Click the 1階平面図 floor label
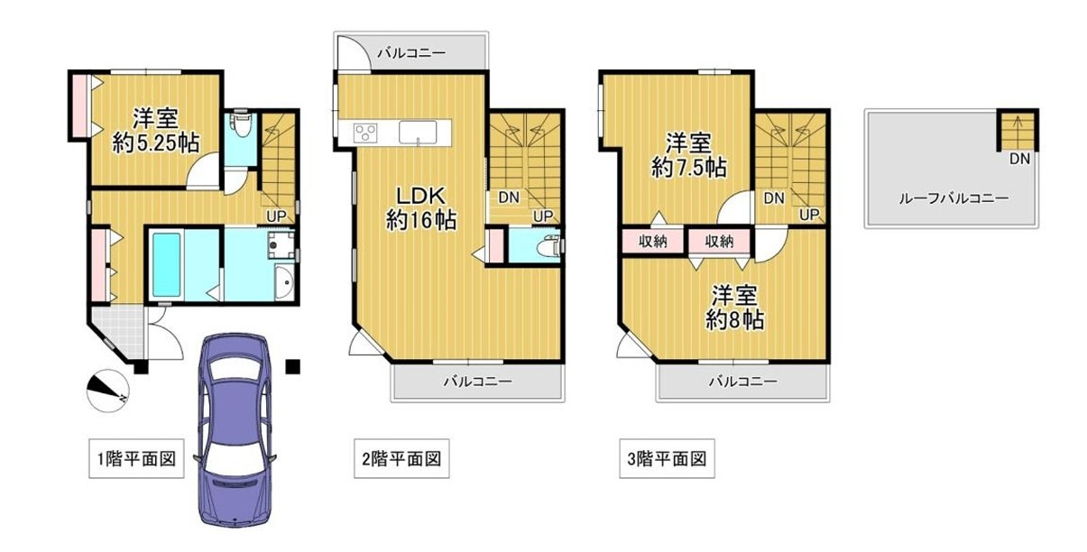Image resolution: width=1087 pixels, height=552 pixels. pyautogui.click(x=135, y=460)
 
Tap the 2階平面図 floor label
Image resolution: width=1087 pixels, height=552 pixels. pyautogui.click(x=401, y=460)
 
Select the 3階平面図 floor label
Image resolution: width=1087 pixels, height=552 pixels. pyautogui.click(x=667, y=460)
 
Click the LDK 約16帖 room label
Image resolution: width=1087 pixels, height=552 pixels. pyautogui.click(x=419, y=208)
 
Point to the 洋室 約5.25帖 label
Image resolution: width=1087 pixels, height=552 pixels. pyautogui.click(x=155, y=131)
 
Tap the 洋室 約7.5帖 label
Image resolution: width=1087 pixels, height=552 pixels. pyautogui.click(x=690, y=155)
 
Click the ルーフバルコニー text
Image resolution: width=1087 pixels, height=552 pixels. pyautogui.click(x=952, y=200)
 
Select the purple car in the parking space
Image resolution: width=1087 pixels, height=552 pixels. pyautogui.click(x=236, y=428)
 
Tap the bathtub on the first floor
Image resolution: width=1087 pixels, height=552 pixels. pyautogui.click(x=168, y=264)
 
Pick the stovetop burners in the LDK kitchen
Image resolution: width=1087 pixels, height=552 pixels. pyautogui.click(x=365, y=133)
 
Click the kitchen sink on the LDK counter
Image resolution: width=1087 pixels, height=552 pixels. pyautogui.click(x=419, y=132)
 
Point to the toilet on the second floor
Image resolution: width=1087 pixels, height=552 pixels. pyautogui.click(x=549, y=245)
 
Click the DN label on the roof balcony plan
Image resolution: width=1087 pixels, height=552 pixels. pyautogui.click(x=1019, y=161)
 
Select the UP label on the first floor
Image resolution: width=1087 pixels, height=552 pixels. pyautogui.click(x=276, y=216)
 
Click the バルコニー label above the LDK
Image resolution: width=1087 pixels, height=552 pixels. pyautogui.click(x=410, y=53)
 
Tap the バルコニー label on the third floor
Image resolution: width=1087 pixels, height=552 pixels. pyautogui.click(x=742, y=382)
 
